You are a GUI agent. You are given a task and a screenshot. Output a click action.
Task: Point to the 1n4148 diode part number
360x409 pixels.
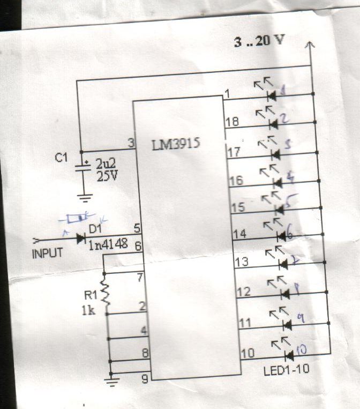point(107,245)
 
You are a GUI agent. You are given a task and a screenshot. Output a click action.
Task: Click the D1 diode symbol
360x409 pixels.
point(81,239)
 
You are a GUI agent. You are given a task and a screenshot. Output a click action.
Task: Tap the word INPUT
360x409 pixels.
point(47,252)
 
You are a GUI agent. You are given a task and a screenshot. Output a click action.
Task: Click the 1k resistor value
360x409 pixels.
point(88,310)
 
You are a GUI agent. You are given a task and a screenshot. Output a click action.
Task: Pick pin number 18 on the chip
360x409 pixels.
point(232,123)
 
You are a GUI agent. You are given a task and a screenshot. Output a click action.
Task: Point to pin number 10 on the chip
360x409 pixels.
point(247,354)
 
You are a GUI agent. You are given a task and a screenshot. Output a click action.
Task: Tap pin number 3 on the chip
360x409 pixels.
point(130,143)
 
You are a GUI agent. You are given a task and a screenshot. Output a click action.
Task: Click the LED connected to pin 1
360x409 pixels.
point(271,96)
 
